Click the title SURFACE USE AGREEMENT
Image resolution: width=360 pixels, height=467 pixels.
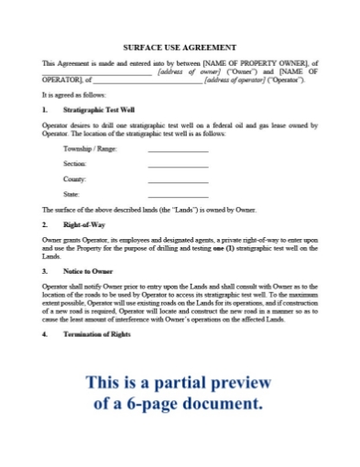tap(180, 47)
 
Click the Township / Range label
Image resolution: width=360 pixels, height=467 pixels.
tap(90, 147)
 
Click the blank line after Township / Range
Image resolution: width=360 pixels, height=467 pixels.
tap(178, 149)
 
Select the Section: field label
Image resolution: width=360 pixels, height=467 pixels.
tap(74, 163)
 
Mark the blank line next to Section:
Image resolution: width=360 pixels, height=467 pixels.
tap(178, 166)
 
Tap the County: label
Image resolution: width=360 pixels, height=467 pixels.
tap(74, 179)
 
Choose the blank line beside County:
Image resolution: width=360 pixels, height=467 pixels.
tap(178, 181)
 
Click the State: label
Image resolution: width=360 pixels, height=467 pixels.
tap(71, 195)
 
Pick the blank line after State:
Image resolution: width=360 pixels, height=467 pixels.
tap(178, 197)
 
